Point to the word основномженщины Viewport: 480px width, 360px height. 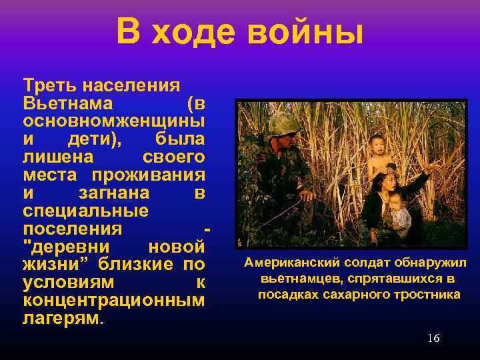pos(113,122)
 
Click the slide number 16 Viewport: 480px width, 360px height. pos(433,339)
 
